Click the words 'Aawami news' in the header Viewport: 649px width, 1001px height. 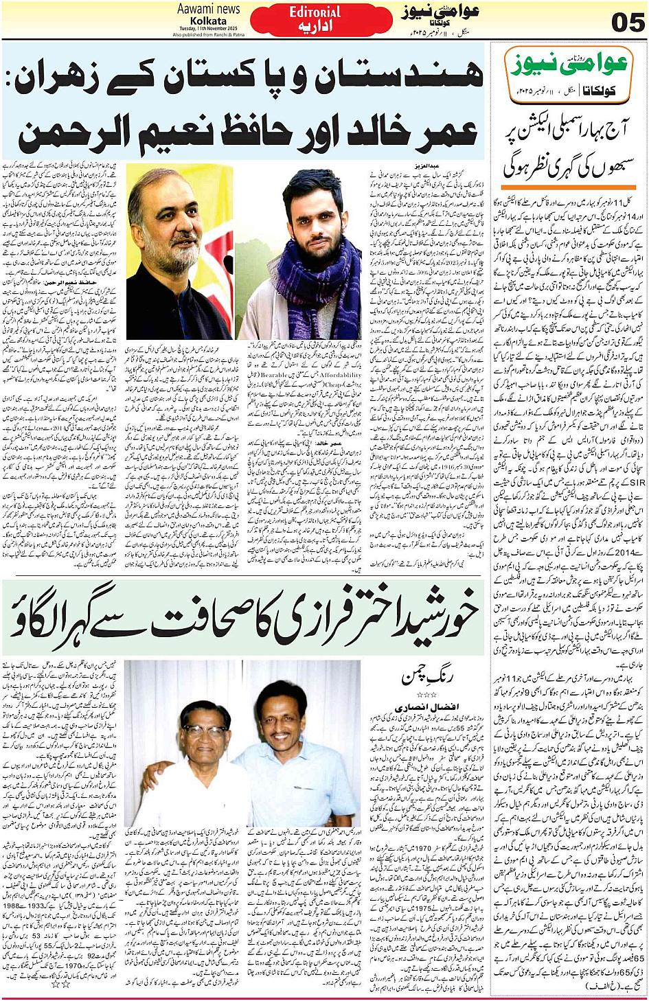point(208,10)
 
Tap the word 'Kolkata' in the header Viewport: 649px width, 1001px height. point(208,21)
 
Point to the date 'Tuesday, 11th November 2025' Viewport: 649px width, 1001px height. point(208,30)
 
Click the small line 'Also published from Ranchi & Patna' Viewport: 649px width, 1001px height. point(208,35)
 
